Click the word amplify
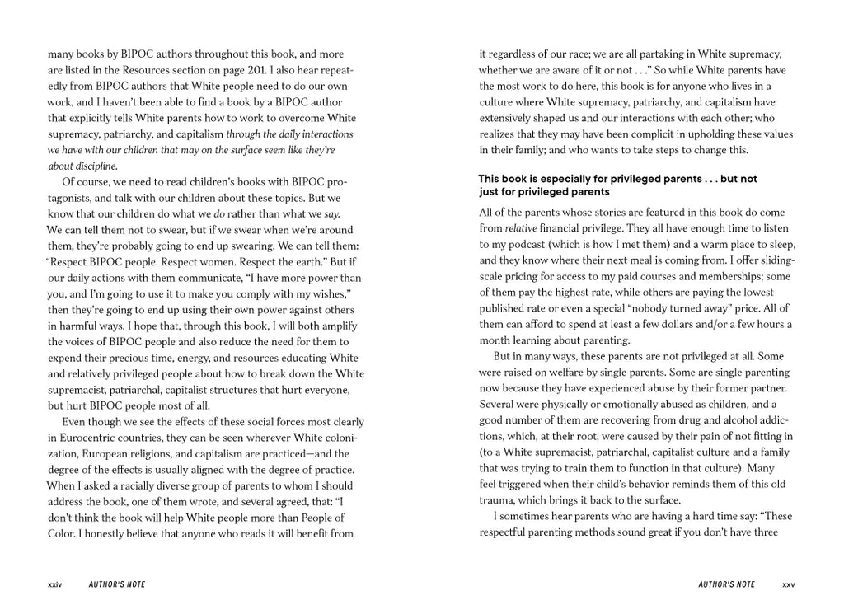click(341, 326)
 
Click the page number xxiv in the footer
click(55, 584)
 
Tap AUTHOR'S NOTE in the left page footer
click(116, 584)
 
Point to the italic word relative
click(521, 227)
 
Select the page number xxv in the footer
click(789, 584)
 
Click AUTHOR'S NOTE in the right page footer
click(726, 584)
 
